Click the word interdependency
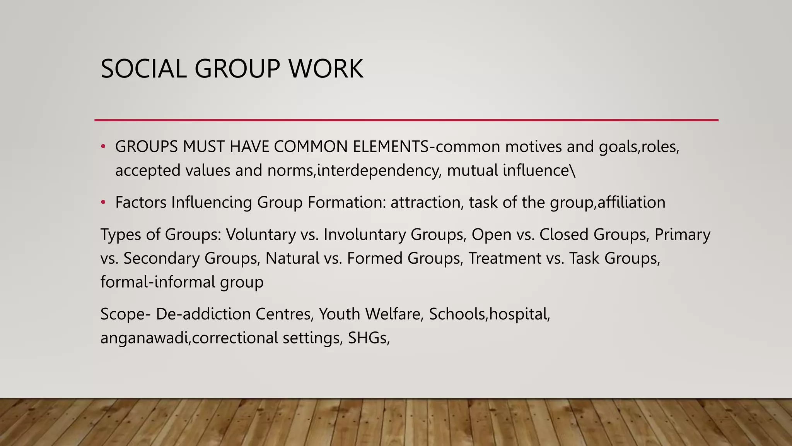[x=379, y=171]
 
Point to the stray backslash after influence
[x=573, y=171]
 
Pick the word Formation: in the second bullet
[x=346, y=202]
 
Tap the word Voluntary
[x=261, y=235]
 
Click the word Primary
[x=682, y=235]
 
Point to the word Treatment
[x=505, y=258]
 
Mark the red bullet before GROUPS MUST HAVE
[x=103, y=147]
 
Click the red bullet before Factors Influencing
[x=103, y=202]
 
